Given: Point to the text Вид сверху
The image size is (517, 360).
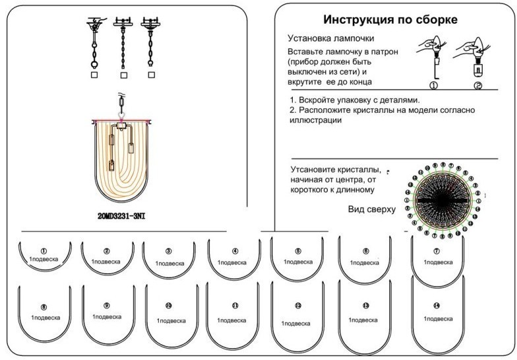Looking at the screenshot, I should [371, 210].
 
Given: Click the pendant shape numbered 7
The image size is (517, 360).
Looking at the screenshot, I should [437, 259].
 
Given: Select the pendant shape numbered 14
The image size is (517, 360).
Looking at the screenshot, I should [437, 314].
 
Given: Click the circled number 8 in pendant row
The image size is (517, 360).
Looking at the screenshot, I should [44, 307].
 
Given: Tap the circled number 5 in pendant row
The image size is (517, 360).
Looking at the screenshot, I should [297, 251].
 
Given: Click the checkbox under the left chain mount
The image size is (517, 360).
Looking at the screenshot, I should [94, 75].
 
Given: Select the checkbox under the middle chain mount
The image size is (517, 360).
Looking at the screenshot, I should [123, 75].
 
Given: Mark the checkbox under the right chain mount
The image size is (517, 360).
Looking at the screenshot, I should [152, 75].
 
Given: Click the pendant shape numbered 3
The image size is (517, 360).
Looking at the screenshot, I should [168, 258].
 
